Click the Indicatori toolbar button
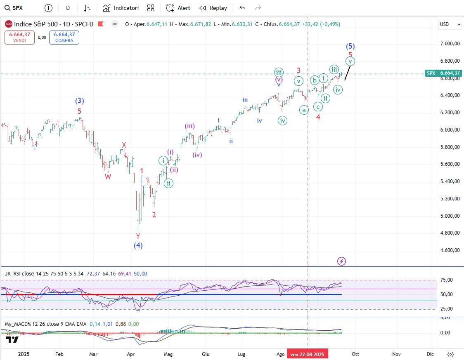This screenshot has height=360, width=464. (121, 8)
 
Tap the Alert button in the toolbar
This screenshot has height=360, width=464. (178, 8)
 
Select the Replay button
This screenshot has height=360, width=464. (213, 8)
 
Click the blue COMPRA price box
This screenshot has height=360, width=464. (64, 38)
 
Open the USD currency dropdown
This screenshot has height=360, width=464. (450, 24)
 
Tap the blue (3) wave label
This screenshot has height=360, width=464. (80, 101)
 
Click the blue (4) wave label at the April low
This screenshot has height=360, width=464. (138, 246)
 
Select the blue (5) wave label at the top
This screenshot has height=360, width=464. (350, 46)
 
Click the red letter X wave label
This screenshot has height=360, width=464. (123, 145)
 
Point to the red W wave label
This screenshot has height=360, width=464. (108, 177)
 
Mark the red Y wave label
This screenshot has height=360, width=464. (138, 236)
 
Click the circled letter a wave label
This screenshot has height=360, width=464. (304, 110)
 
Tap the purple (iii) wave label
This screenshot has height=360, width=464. (190, 126)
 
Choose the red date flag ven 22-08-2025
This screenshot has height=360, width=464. (308, 354)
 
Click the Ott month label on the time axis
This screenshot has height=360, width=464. (356, 354)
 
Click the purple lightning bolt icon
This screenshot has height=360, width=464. (341, 261)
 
